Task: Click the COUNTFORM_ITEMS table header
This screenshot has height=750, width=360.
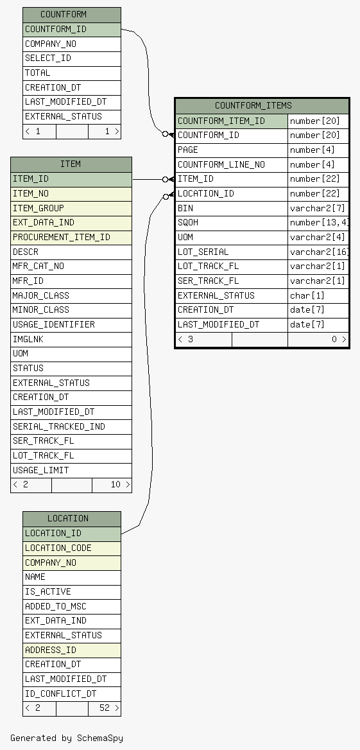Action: (262, 106)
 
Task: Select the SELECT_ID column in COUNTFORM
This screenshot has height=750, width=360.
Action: (72, 58)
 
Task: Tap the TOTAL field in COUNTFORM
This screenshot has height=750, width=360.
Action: (72, 73)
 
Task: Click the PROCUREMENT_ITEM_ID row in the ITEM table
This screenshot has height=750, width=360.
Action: (71, 237)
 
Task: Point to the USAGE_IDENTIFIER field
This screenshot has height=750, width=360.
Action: (71, 325)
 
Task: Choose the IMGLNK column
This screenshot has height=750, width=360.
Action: (71, 339)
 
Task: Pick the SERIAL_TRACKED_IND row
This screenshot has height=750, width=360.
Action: (71, 426)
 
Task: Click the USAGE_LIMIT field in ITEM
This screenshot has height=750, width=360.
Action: (71, 470)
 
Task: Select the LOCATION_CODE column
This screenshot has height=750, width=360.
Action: (72, 548)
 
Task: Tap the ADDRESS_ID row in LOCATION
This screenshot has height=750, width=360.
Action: (72, 650)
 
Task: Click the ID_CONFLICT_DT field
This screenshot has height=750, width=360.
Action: (72, 693)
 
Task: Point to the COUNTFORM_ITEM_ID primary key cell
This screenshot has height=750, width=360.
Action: (232, 121)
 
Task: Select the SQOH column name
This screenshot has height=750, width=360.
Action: (232, 223)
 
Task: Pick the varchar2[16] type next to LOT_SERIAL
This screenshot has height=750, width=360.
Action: (318, 252)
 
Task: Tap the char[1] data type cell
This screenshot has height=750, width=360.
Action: (318, 295)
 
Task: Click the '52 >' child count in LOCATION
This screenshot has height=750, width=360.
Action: (105, 708)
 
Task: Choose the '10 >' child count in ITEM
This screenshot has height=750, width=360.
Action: (112, 485)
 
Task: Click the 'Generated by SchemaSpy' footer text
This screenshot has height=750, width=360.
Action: (67, 738)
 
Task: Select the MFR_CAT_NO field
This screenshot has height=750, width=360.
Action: (71, 266)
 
